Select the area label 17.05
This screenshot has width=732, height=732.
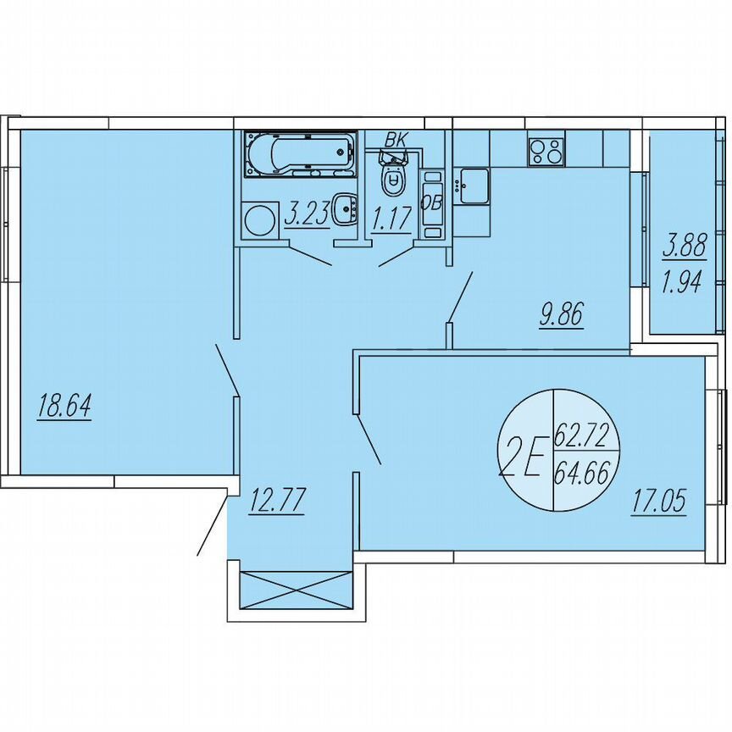657,502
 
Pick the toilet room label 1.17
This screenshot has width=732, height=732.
391,219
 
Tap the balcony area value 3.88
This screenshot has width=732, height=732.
681,247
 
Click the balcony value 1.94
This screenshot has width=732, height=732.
681,280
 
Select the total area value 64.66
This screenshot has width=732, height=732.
581,471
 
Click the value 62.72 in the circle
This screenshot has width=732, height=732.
581,438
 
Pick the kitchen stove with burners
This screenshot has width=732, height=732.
546,151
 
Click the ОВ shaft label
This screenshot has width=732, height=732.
432,202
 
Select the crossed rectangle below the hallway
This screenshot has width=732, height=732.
296,590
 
